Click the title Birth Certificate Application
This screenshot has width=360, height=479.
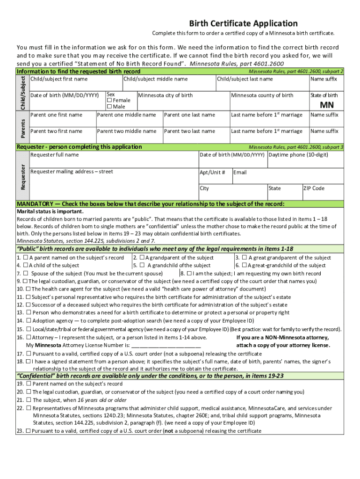pyautogui.click(x=243, y=23)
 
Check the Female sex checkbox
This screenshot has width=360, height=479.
pyautogui.click(x=110, y=101)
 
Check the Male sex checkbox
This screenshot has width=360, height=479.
pyautogui.click(x=110, y=107)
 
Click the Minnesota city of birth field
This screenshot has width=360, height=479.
pyautogui.click(x=182, y=102)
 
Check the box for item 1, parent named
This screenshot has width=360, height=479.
pyautogui.click(x=25, y=258)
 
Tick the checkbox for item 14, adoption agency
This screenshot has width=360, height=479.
pyautogui.click(x=29, y=321)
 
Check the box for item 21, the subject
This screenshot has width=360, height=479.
pyautogui.click(x=29, y=400)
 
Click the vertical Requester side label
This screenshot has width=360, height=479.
pyautogui.click(x=22, y=175)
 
